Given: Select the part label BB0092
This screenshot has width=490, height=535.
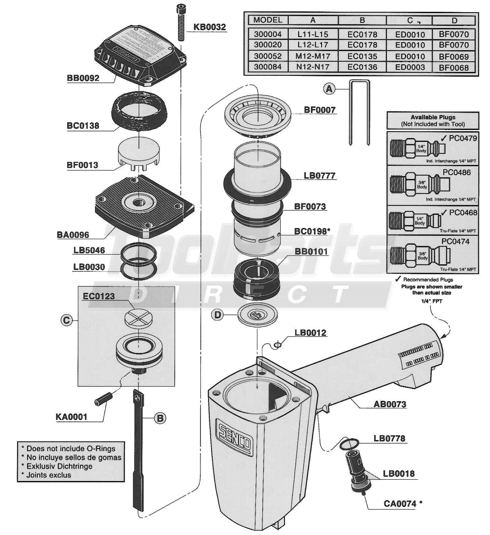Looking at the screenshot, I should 83,78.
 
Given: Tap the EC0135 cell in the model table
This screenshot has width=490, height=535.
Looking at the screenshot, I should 362,56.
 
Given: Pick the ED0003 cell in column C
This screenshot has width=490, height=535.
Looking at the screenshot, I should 410,67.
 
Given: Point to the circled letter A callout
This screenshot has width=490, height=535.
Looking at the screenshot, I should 329,89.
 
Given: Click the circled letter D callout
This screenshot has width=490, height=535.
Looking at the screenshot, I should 217,315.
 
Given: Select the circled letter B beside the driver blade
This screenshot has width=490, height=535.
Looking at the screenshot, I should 160,418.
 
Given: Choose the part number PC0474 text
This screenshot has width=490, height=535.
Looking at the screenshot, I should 455,242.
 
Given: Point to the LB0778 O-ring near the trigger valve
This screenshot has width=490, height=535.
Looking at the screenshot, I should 349,443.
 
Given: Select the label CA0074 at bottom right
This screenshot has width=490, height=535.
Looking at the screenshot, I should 400,504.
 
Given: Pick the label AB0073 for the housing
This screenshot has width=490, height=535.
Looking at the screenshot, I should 390,404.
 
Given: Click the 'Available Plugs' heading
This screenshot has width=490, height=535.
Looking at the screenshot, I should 432,117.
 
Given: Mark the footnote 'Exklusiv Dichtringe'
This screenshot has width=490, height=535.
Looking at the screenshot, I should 59,466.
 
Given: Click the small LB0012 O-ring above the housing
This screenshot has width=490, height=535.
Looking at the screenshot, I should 278,344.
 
